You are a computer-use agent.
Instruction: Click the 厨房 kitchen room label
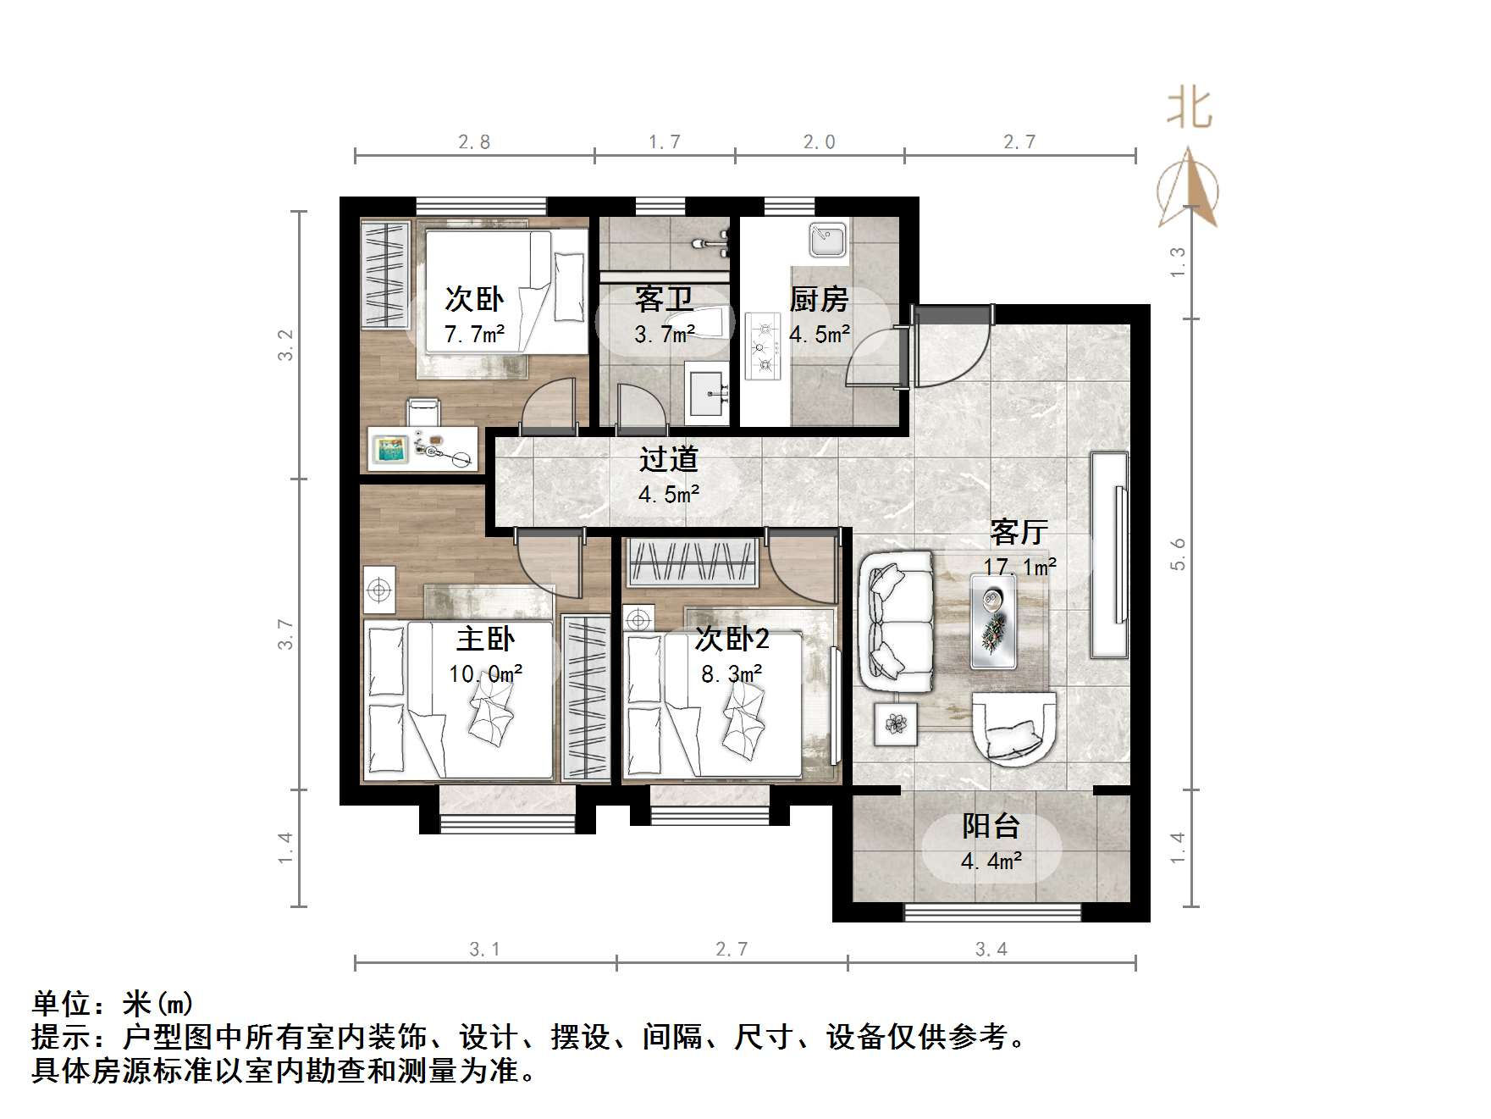pos(818,299)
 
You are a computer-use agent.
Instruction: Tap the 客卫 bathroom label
pos(664,299)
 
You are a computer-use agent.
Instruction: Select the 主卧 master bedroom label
pos(485,638)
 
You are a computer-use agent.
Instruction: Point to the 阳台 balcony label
pos(991,826)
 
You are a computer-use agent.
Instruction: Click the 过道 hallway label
pos(668,459)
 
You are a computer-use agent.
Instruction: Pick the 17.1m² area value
pos(1019,567)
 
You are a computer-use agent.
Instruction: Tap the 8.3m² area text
pos(732,674)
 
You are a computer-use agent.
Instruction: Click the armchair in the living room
pos(1013,729)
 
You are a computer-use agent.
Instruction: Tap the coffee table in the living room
pos(994,620)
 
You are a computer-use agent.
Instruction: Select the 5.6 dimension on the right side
pos(1178,554)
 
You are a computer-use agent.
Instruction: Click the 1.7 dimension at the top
pos(665,141)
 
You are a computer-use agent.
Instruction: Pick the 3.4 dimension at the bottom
pos(991,949)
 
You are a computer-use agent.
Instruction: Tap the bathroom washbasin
pos(707,395)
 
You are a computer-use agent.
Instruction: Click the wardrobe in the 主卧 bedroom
pos(586,698)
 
